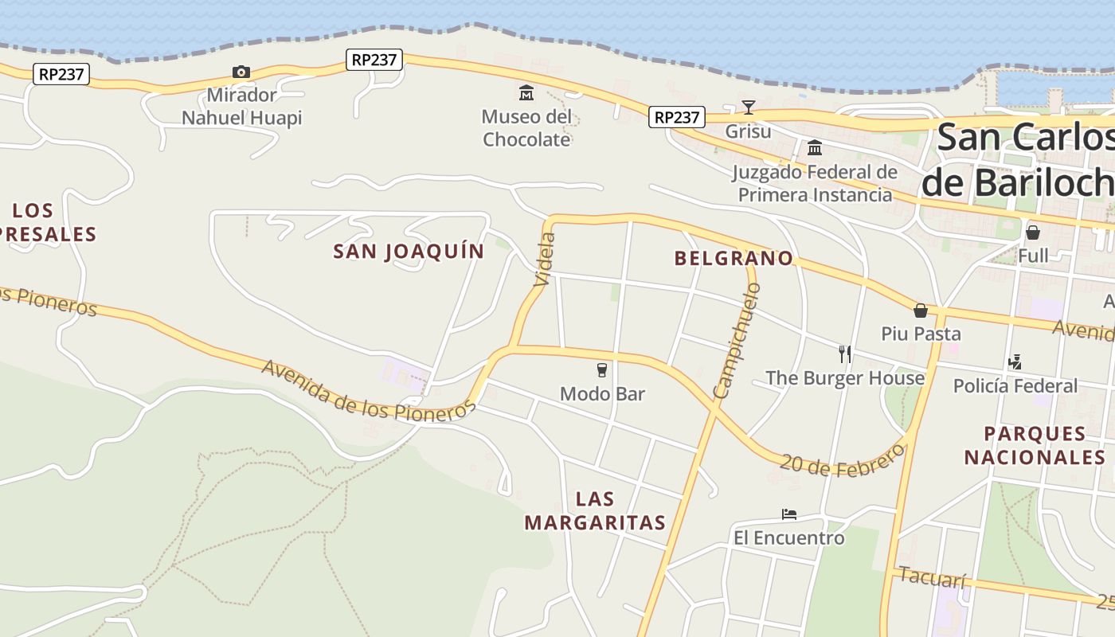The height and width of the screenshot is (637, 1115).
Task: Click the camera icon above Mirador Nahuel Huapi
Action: click(241, 72)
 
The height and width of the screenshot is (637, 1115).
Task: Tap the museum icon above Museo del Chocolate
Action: click(526, 94)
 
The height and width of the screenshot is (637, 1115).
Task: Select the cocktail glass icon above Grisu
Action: click(748, 107)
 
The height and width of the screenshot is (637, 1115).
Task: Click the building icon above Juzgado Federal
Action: click(815, 148)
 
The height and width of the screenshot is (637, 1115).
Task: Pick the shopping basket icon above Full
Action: click(1033, 233)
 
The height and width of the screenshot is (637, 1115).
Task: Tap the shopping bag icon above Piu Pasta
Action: click(921, 311)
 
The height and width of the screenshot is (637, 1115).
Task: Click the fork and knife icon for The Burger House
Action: click(845, 354)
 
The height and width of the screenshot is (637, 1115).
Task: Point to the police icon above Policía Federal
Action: click(1015, 362)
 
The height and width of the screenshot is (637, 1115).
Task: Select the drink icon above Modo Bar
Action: click(602, 370)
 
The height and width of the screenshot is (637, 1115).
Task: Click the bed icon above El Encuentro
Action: click(789, 514)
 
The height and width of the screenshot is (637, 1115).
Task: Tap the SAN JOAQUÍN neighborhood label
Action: click(409, 252)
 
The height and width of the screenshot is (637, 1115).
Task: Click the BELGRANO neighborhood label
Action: click(734, 258)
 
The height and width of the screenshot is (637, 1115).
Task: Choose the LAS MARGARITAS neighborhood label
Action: click(595, 511)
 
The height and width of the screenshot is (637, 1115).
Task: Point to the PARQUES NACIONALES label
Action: click(1035, 445)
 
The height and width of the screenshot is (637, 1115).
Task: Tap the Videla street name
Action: click(546, 259)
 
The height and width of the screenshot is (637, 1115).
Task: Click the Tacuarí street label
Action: click(933, 576)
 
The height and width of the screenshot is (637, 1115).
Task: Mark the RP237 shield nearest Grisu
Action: click(676, 117)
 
